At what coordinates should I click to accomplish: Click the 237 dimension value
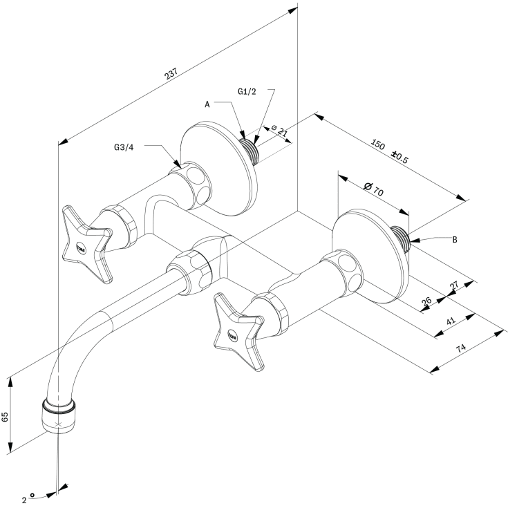(x=171, y=73)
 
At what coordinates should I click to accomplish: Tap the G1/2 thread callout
(x=247, y=92)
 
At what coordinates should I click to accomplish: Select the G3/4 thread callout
(x=124, y=147)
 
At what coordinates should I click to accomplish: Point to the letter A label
(x=207, y=104)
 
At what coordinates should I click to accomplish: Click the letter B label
(x=455, y=240)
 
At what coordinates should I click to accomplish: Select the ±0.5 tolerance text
(x=399, y=157)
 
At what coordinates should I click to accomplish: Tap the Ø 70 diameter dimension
(x=374, y=189)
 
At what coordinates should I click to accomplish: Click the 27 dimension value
(x=455, y=285)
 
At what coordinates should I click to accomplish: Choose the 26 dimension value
(x=426, y=301)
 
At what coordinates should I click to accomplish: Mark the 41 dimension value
(x=451, y=321)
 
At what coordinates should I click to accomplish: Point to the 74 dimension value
(x=461, y=348)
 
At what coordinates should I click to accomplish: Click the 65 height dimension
(x=5, y=417)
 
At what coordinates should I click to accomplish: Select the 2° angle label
(x=28, y=498)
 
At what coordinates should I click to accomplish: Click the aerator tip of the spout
(x=59, y=416)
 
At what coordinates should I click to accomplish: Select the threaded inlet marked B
(x=401, y=238)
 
